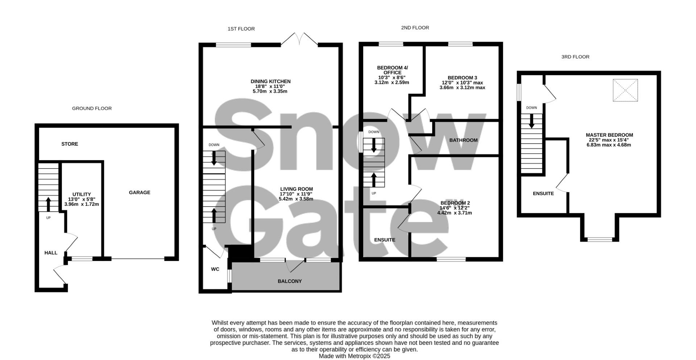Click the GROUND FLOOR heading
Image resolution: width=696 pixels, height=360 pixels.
click(92, 108)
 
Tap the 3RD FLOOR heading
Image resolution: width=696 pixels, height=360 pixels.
click(575, 57)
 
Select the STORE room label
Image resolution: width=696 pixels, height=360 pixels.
click(70, 144)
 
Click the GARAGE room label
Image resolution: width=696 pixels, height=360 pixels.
click(140, 193)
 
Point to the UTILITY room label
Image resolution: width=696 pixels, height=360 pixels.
click(82, 194)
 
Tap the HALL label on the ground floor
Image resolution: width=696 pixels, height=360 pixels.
click(51, 253)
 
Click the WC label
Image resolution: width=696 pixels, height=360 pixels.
click(215, 269)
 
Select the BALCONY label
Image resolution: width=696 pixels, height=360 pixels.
click(290, 281)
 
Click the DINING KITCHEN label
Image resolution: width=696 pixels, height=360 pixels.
click(270, 82)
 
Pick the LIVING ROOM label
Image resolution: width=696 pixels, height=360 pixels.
click(296, 189)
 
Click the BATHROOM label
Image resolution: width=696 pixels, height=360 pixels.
click(463, 140)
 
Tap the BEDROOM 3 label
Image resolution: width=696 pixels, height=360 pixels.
click(462, 78)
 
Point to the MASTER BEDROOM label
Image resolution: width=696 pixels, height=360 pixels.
click(609, 135)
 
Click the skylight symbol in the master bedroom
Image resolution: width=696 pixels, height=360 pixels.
click(625, 90)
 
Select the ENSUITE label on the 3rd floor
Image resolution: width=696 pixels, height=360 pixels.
click(543, 194)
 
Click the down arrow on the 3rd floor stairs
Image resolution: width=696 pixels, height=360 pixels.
click(531, 121)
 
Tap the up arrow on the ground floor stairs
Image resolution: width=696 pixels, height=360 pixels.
click(48, 204)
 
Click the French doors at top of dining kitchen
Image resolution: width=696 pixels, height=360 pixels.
click(299, 39)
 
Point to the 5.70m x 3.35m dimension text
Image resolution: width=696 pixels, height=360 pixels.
click(270, 91)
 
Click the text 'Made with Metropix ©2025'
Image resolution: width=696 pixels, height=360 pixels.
click(354, 356)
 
